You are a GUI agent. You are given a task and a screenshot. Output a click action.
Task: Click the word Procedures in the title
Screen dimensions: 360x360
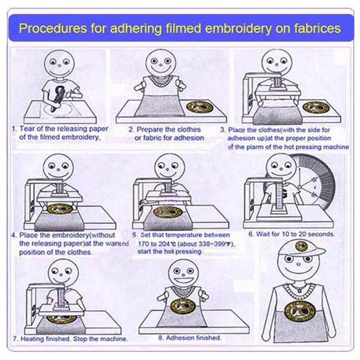(53, 29)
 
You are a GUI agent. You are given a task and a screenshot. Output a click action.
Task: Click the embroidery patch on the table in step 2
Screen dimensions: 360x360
(199, 107)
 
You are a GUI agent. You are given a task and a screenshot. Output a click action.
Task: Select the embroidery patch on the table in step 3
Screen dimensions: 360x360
(316, 107)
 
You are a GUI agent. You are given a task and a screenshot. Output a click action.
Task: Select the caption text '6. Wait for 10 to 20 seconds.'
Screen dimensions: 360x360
(291, 234)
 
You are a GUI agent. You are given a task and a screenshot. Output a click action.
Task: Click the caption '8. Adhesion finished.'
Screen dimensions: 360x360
(190, 338)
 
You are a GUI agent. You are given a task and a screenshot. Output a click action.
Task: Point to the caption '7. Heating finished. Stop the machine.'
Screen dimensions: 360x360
(70, 339)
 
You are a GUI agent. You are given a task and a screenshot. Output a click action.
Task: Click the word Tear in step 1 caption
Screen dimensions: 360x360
(27, 129)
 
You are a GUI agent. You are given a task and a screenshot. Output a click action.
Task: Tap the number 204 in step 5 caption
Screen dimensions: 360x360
(164, 244)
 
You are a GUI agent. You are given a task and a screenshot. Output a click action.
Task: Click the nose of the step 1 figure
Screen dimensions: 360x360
(60, 66)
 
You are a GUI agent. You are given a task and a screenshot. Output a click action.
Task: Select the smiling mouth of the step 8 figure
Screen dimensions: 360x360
(183, 280)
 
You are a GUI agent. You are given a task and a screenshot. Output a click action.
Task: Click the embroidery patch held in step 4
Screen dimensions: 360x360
(60, 209)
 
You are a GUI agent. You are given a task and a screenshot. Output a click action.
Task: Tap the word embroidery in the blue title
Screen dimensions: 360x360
(238, 29)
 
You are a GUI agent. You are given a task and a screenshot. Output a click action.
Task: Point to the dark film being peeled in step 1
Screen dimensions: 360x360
(58, 98)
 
